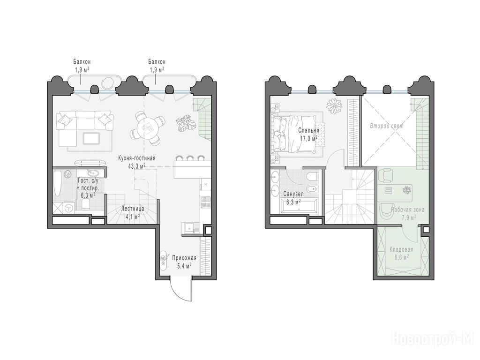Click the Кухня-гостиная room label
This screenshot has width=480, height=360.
[137, 158]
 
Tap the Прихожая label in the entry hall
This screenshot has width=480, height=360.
[184, 258]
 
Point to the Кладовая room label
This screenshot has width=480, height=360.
[401, 250]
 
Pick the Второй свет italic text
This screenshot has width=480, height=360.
[387, 126]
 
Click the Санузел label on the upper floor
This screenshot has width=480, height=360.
[293, 194]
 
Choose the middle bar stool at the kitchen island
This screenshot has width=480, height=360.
[190, 158]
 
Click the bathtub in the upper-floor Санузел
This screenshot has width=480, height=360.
[299, 205]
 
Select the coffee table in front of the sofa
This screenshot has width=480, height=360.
[91, 138]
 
